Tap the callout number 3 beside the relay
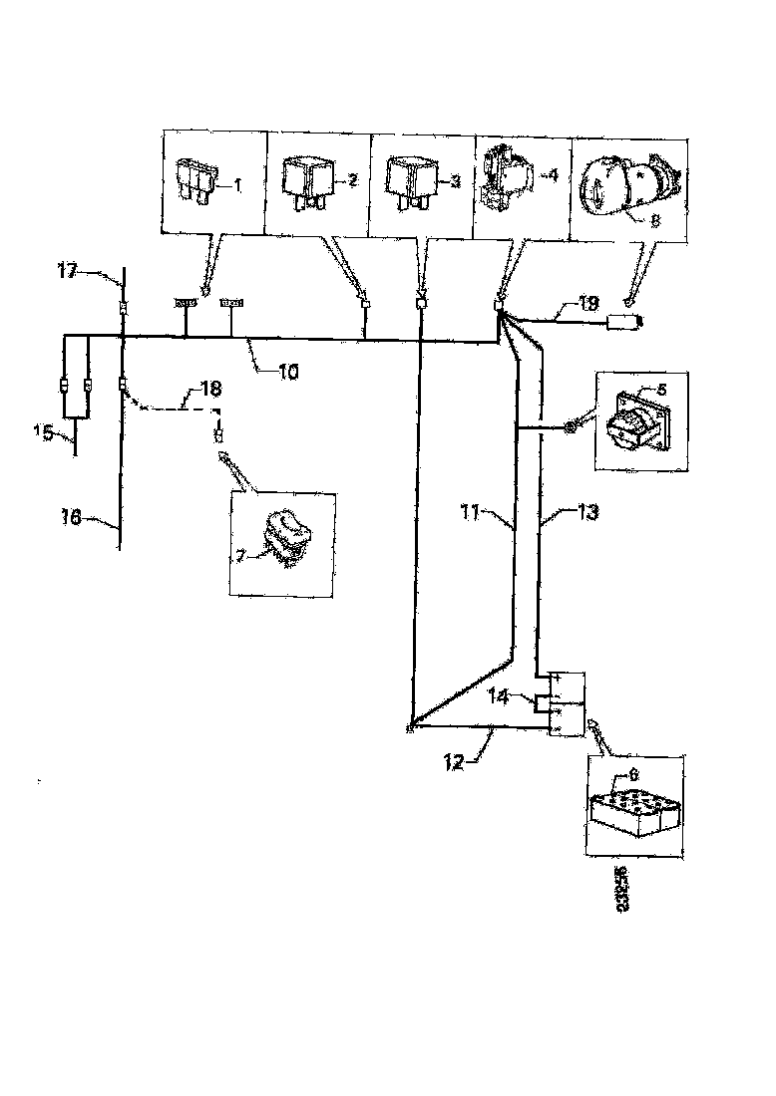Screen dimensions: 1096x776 [454, 180]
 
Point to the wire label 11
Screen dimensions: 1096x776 [471, 515]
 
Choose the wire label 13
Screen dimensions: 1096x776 [587, 513]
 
